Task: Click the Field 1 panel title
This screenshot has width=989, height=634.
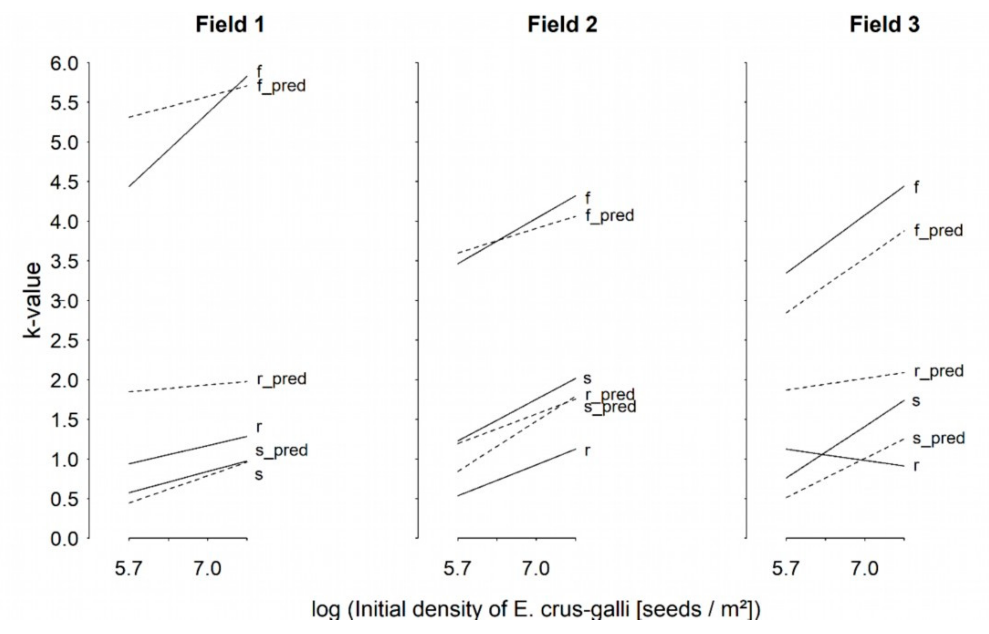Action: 230,25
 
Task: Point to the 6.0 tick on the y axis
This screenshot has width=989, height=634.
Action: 64,64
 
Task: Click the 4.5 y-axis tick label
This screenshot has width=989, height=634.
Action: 64,182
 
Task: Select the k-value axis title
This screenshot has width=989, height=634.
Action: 32,300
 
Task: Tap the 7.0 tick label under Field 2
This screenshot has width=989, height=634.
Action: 536,569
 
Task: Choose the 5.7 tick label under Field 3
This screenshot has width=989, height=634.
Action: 785,569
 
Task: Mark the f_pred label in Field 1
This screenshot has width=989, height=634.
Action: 281,86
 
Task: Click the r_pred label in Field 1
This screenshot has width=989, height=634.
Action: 282,379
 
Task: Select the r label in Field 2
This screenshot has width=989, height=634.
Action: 588,451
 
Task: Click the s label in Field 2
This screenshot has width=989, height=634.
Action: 588,378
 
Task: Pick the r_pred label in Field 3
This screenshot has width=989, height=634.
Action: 939,371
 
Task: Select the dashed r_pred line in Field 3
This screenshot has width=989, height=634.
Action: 844,381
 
